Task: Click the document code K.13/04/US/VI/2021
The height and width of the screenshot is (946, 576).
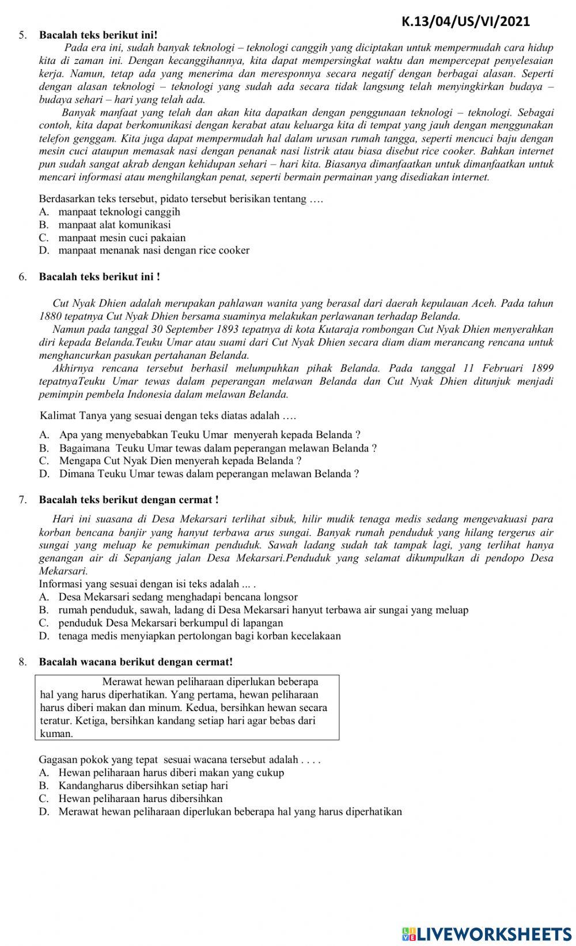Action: click(x=465, y=22)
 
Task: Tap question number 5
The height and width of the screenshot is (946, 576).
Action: click(x=22, y=35)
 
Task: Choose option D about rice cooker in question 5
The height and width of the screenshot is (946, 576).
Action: click(x=153, y=250)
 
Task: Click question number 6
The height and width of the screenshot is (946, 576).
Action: click(x=22, y=277)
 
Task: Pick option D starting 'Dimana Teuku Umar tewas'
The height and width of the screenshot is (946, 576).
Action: click(x=209, y=474)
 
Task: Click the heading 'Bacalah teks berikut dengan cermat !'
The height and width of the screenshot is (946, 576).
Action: click(x=128, y=500)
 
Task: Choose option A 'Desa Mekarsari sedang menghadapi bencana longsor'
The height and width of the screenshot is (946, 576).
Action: click(x=177, y=597)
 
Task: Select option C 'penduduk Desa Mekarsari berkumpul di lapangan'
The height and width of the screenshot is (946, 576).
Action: click(x=170, y=623)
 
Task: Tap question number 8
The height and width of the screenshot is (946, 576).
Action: click(x=22, y=662)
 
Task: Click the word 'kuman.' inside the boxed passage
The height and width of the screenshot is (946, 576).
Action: click(x=56, y=734)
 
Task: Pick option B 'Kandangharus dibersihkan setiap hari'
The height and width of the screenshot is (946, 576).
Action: click(x=143, y=785)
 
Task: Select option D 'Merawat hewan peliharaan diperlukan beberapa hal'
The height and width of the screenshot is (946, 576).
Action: click(x=230, y=812)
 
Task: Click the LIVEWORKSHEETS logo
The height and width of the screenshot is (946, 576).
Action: click(x=487, y=933)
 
